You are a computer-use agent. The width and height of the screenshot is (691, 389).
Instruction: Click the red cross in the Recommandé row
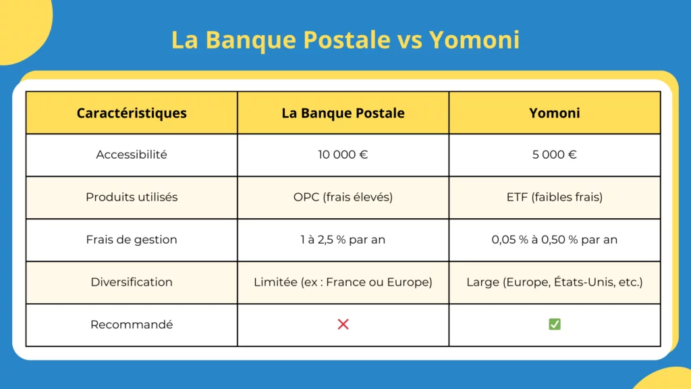pos(343,324)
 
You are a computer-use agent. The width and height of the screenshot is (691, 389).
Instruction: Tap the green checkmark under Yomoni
pos(554,324)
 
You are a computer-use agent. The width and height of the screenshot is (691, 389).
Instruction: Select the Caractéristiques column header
pos(132,113)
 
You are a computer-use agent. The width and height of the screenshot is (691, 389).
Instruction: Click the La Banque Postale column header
pos(343,113)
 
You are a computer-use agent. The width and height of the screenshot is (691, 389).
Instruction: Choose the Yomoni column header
pos(554,113)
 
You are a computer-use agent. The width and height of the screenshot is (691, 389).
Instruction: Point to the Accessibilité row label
pos(132,155)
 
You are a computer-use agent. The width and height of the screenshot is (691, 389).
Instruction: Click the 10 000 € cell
pos(343,155)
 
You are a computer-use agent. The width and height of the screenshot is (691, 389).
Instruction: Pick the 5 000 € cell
pos(554,155)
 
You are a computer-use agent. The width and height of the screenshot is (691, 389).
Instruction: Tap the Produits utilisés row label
pos(132,197)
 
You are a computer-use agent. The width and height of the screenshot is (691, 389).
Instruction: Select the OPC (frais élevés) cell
pos(343,197)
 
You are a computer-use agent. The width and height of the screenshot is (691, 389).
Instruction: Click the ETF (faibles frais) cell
pos(554,197)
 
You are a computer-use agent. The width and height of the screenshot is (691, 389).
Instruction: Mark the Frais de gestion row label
pos(132,240)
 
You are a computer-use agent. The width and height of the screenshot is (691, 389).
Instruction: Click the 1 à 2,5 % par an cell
pos(343,240)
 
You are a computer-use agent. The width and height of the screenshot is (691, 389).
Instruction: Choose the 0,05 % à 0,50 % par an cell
pos(554,240)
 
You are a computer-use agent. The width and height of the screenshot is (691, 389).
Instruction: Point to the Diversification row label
pos(132,282)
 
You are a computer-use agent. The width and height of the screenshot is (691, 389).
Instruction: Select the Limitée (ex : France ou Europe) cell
pos(343,282)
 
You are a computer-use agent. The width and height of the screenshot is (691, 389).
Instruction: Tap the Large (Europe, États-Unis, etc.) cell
pos(554,282)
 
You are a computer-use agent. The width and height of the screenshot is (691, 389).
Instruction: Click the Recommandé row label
pos(132,324)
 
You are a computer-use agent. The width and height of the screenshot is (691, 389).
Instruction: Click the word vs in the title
pos(407,40)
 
